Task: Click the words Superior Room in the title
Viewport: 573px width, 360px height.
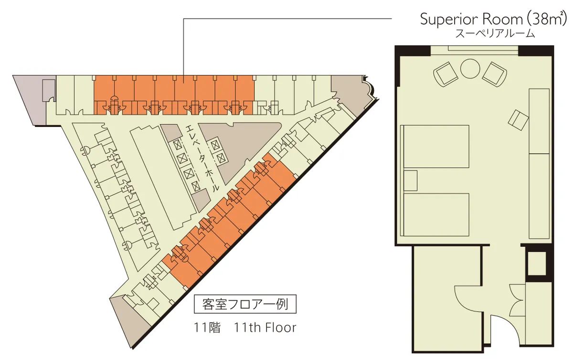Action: (471, 20)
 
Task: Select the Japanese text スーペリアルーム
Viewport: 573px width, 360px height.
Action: (495, 33)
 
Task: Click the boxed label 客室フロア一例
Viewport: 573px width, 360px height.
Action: (245, 304)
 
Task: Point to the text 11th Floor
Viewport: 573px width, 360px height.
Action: (265, 328)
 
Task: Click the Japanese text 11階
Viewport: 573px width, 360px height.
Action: (207, 328)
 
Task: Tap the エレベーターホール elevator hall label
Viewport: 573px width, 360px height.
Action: (202, 158)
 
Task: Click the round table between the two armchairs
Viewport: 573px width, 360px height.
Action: (470, 69)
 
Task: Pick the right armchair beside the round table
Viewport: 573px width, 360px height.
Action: (495, 74)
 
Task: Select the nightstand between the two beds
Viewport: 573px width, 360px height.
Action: (411, 180)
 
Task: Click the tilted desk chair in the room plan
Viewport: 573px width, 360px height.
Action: (518, 120)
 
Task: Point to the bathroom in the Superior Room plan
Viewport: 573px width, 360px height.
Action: (446, 298)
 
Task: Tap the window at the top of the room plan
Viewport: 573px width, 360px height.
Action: (475, 51)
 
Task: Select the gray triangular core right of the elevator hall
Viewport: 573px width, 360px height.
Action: (238, 148)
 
